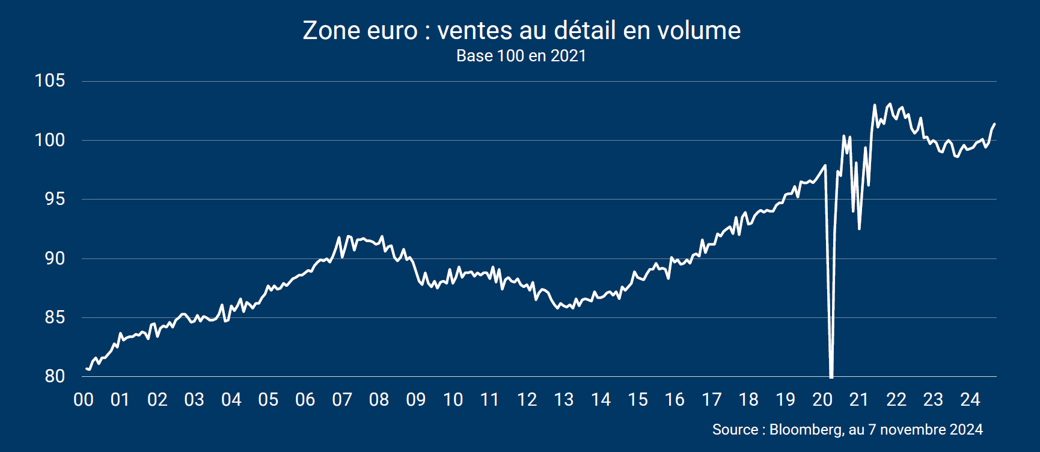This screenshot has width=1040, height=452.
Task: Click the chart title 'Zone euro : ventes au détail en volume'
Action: tap(521, 31)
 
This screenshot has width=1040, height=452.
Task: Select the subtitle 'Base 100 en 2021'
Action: tap(521, 56)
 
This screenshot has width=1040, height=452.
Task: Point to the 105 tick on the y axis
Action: tap(50, 81)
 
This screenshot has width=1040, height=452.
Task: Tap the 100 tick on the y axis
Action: tap(50, 140)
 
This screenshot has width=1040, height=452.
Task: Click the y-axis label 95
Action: tap(55, 199)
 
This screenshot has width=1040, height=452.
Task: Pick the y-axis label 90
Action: tap(55, 258)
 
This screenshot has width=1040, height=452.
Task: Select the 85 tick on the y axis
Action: tap(55, 317)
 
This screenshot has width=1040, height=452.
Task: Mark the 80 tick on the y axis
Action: tap(55, 376)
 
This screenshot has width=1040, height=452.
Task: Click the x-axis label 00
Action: tap(84, 400)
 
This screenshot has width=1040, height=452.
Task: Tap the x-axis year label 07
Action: tap(342, 400)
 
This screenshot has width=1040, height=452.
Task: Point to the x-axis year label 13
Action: tap(564, 400)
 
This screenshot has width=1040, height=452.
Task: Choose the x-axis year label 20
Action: tap(822, 400)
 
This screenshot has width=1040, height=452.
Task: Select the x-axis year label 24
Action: tap(970, 400)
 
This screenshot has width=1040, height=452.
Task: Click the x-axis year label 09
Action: tap(416, 400)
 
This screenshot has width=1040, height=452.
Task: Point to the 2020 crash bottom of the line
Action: tap(831, 376)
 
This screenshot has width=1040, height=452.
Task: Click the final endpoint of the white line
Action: tap(994, 124)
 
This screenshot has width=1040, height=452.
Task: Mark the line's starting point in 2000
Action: tap(87, 368)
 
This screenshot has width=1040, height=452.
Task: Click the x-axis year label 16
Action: tap(674, 400)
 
